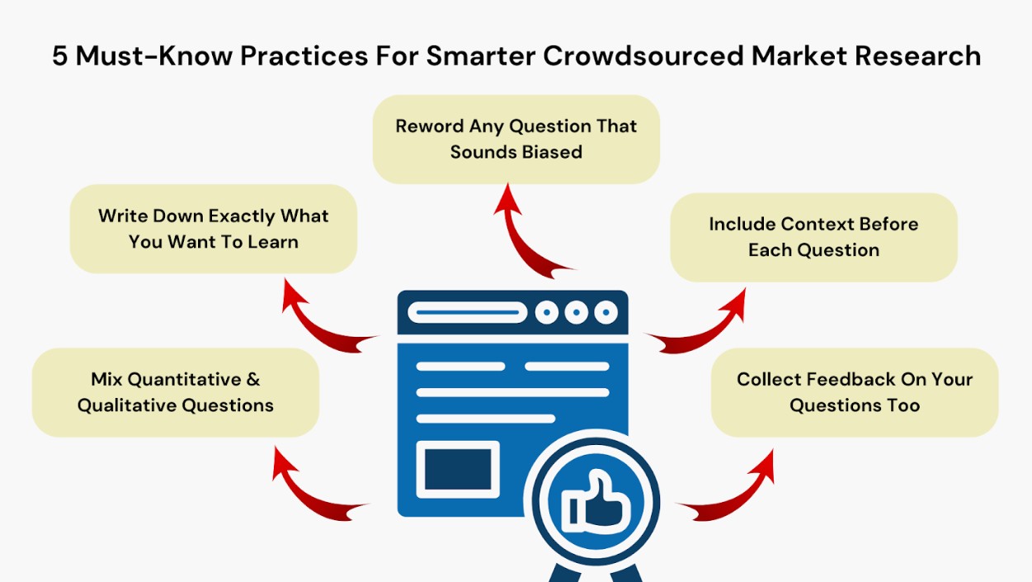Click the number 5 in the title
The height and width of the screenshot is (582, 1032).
coord(60,56)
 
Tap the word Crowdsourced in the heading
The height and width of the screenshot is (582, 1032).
coord(643,56)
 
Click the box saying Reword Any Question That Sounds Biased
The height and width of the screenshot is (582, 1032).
coord(516,140)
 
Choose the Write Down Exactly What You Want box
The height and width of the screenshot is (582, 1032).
coord(214,229)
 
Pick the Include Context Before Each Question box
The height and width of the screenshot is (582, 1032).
coord(813,237)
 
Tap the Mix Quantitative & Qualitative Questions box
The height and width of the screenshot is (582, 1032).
coord(176,392)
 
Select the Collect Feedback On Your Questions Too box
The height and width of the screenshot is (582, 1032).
coord(855,392)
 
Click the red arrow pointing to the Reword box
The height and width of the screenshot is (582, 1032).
coord(513,239)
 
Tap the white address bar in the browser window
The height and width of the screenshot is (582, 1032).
coord(467,312)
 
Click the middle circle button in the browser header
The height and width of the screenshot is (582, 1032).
coord(577,312)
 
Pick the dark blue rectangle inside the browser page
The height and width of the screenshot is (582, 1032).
coord(458,470)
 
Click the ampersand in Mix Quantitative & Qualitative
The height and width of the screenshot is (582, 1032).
coord(253,380)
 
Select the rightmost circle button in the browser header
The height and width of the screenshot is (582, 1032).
coord(606,312)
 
